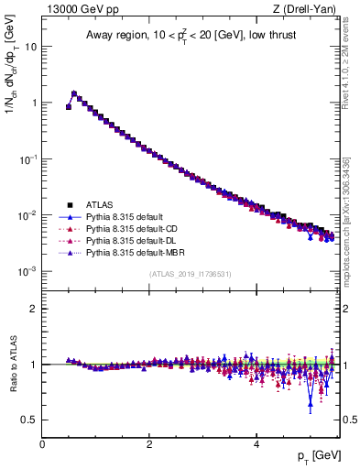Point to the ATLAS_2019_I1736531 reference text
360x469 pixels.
tap(190, 274)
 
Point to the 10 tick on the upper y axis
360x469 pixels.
tap(31, 46)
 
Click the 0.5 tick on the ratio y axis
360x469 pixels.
tap(29, 420)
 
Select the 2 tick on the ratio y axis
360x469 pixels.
tap(34, 309)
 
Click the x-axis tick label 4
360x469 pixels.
tap(256, 442)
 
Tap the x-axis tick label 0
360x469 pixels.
tap(42, 442)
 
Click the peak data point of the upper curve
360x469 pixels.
tap(74, 93)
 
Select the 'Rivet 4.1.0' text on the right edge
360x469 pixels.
tap(352, 55)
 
